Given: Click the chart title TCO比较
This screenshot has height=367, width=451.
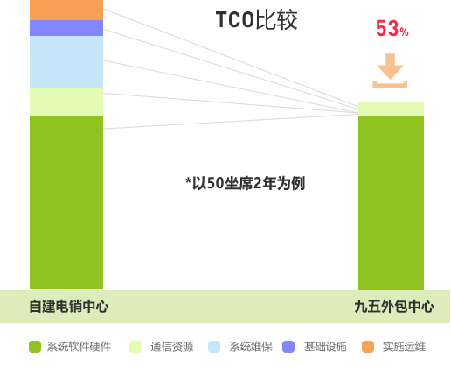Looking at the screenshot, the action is [x=256, y=19].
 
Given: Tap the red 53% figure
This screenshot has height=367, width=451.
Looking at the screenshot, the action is [x=392, y=28].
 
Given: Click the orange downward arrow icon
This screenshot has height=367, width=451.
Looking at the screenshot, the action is [x=390, y=71].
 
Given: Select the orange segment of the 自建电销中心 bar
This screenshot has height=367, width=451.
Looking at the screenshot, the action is [x=66, y=10].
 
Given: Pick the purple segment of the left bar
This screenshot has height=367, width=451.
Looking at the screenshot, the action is [x=66, y=28].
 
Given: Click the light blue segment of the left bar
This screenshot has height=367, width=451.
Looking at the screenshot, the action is [x=66, y=62].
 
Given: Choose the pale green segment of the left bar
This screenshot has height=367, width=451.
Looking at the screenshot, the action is [x=66, y=102].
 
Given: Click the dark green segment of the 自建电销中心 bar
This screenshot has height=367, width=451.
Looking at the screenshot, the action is [x=66, y=202].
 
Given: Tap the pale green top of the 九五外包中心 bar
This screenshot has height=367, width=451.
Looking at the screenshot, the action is [x=391, y=109].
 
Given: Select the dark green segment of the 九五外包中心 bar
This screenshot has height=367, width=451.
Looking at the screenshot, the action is [x=391, y=203].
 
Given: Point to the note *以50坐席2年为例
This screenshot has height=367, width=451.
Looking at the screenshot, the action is [x=245, y=183].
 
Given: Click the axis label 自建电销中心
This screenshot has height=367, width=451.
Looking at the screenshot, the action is [x=69, y=307].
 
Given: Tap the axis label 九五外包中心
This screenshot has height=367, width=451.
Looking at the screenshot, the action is [x=394, y=307].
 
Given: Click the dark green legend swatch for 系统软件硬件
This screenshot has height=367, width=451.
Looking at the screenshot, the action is [x=35, y=347].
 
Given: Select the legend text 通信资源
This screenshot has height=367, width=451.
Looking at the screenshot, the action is [x=172, y=347].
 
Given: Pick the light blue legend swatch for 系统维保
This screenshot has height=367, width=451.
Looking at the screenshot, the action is [x=214, y=347].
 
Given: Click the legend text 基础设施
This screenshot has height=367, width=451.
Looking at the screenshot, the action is [x=325, y=347].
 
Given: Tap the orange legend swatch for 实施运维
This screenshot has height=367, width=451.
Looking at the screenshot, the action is [x=368, y=347].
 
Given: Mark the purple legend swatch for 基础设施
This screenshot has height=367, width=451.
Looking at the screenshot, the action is [x=288, y=347].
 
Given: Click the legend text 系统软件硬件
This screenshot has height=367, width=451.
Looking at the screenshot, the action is [x=79, y=347].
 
